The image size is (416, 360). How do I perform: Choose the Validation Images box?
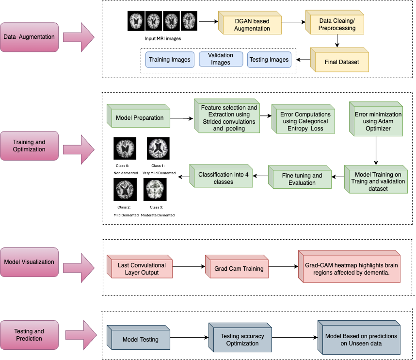click(x=221, y=59)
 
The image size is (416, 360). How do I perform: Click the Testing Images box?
click(x=269, y=60)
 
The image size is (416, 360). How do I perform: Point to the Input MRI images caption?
click(x=163, y=38)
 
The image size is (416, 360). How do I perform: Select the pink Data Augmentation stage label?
click(x=29, y=37)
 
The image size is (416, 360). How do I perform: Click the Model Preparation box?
click(x=140, y=118)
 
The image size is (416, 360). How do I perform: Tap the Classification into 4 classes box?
click(x=223, y=178)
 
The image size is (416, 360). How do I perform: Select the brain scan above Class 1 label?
click(x=158, y=148)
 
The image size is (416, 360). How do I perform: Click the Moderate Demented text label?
click(x=158, y=215)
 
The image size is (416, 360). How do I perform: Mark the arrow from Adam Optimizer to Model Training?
click(x=376, y=150)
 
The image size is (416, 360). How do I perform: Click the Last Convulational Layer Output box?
click(x=141, y=269)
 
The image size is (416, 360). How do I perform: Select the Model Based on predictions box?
click(x=361, y=340)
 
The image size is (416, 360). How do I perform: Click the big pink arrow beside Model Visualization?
click(x=79, y=268)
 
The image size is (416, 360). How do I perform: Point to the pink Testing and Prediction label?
click(x=29, y=335)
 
